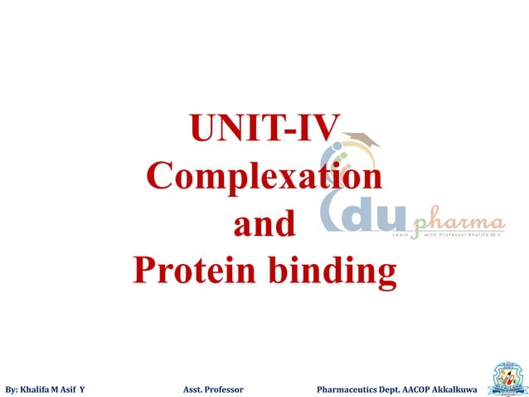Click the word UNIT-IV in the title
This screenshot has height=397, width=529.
(264, 130)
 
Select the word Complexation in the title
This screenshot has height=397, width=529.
(264, 177)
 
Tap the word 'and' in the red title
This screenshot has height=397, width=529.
(264, 224)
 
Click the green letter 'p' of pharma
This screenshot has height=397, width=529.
(419, 227)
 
